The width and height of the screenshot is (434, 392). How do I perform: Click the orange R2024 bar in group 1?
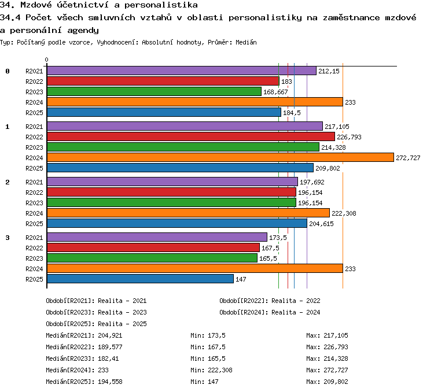point(220,157)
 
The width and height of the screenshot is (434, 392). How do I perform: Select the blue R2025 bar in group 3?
point(141,279)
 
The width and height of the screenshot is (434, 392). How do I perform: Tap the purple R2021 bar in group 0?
point(182,71)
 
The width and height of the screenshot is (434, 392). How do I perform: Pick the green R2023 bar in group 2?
point(172,202)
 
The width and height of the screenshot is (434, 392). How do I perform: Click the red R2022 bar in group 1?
point(191,136)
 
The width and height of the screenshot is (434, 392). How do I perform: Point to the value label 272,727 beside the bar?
point(408,158)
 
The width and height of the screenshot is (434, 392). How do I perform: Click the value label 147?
point(241,279)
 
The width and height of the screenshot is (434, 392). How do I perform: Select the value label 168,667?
point(275,92)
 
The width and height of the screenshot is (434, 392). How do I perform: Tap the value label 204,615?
point(321,224)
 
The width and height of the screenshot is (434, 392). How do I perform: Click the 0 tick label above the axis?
point(46,60)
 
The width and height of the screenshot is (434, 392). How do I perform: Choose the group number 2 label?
point(8,182)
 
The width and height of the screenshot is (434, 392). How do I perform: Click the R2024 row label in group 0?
point(34,102)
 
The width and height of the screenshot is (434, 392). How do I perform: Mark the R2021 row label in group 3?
point(34,238)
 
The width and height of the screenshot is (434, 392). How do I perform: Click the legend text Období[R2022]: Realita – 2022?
point(270,301)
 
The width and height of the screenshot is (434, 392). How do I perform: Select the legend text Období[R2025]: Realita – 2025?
point(96,324)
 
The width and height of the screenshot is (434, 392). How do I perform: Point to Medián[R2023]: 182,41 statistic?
point(82,358)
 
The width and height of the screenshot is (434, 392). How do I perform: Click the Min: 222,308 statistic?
point(211,370)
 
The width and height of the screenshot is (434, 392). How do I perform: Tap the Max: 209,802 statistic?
point(327,382)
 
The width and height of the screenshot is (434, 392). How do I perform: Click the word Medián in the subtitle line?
point(246,42)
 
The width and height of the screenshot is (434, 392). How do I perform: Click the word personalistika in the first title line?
point(161,5)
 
